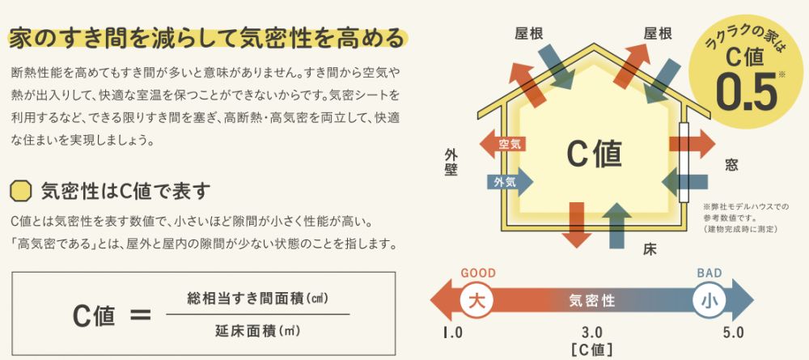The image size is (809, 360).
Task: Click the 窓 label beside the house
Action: pyautogui.click(x=731, y=165)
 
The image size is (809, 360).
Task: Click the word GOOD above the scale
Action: pyautogui.click(x=477, y=273)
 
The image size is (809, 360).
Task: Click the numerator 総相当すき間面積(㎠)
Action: pyautogui.click(x=258, y=297)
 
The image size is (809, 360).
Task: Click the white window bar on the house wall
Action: pyautogui.click(x=684, y=163)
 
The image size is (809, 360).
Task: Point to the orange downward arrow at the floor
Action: pyautogui.click(x=577, y=223)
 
